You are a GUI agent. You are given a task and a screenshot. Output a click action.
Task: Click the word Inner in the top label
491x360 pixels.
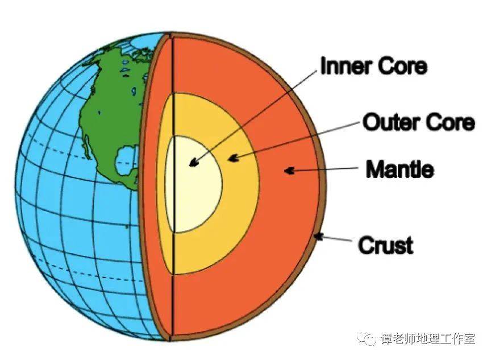pos(346,67)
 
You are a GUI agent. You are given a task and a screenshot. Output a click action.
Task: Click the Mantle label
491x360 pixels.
pos(400,169)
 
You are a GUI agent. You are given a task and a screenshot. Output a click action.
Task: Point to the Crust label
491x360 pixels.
pos(385,245)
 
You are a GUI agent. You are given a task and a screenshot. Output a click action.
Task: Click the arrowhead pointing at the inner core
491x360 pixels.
pos(194,162)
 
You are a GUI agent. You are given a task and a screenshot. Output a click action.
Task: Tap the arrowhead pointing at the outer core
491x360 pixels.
pos(233,158)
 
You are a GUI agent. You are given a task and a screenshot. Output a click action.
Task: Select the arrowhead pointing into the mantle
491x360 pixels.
pos(289,171)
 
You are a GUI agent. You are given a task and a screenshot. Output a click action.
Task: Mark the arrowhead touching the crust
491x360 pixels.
pos(319,237)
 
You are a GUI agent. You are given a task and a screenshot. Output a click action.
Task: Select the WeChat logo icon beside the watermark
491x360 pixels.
pos(367,338)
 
